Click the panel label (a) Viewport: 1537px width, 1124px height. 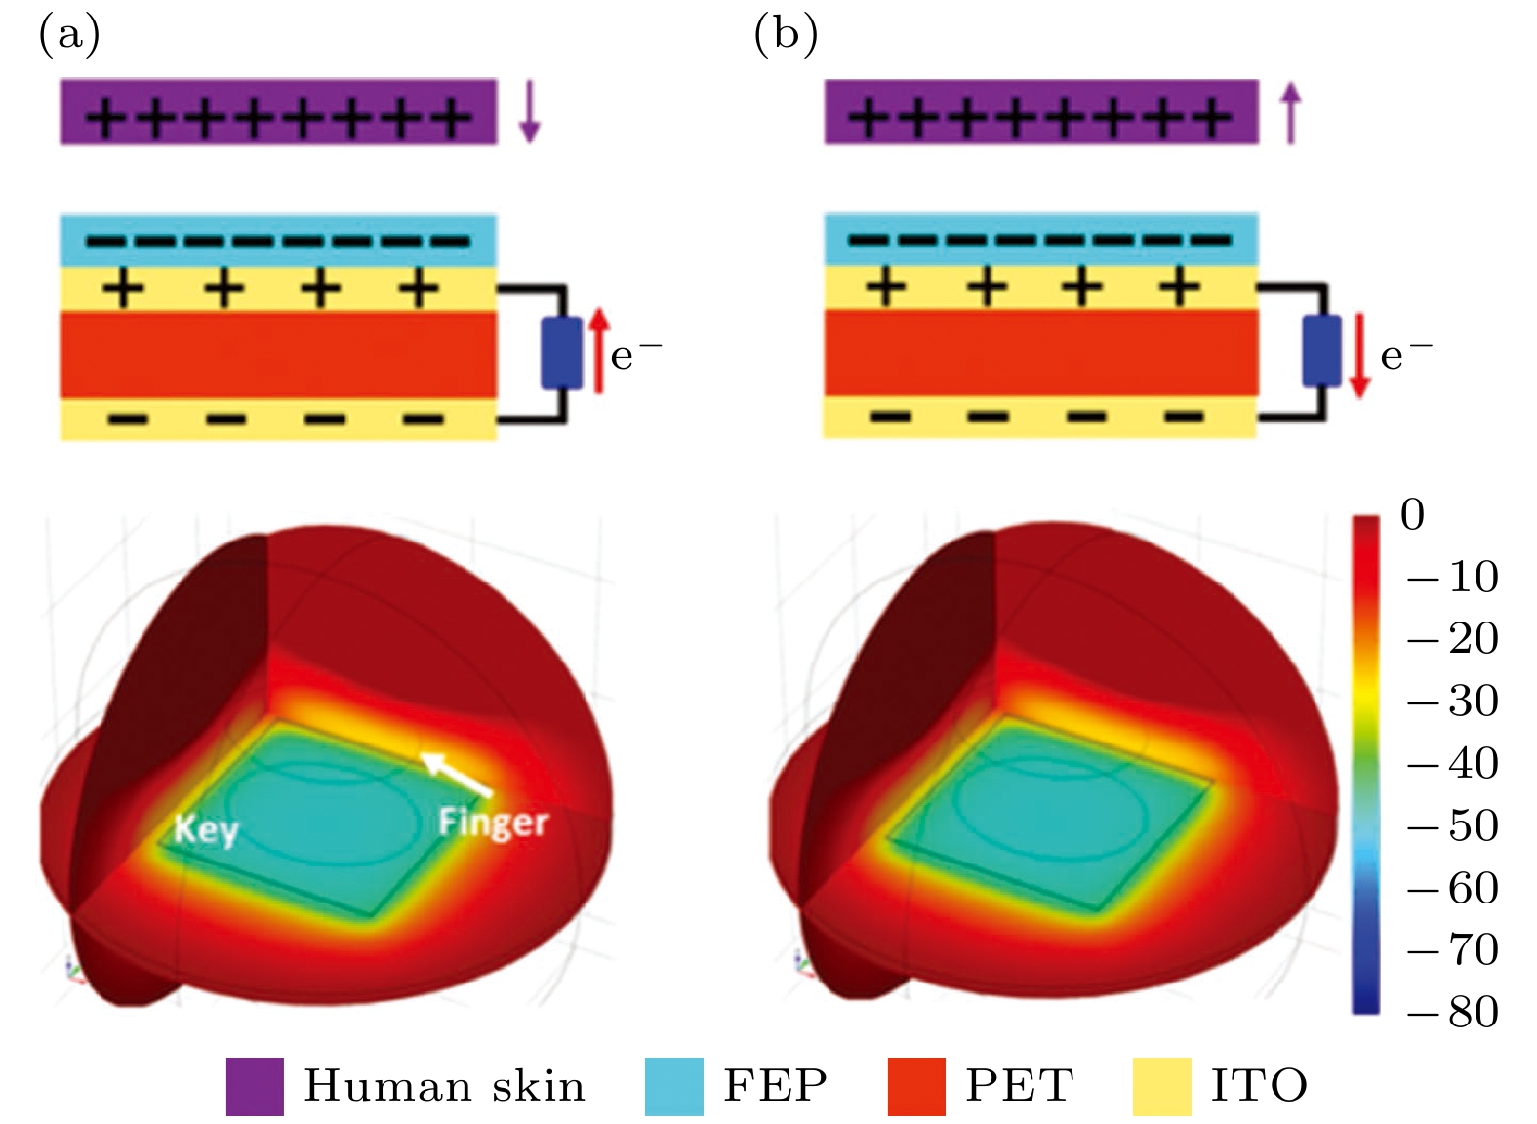(68, 35)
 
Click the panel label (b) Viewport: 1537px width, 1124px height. (786, 35)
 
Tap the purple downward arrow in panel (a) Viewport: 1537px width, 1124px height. (529, 112)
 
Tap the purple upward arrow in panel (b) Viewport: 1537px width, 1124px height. (1291, 112)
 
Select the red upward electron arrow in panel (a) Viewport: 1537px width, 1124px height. (600, 349)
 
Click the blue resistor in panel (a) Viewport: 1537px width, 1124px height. (561, 352)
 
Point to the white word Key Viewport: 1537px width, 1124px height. (206, 830)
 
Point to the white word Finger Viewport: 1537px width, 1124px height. (493, 823)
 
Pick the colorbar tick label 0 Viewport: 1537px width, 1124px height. (1412, 514)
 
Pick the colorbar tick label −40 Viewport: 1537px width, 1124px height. (1453, 763)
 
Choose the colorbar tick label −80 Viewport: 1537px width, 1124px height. (1453, 1012)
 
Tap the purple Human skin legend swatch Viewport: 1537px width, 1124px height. (255, 1086)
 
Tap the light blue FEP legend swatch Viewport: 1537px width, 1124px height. (673, 1086)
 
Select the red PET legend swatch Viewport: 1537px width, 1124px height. (916, 1086)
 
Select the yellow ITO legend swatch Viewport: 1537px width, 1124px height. (1161, 1086)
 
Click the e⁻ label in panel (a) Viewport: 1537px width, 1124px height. (635, 354)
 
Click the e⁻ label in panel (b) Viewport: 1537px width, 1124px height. (1405, 354)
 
